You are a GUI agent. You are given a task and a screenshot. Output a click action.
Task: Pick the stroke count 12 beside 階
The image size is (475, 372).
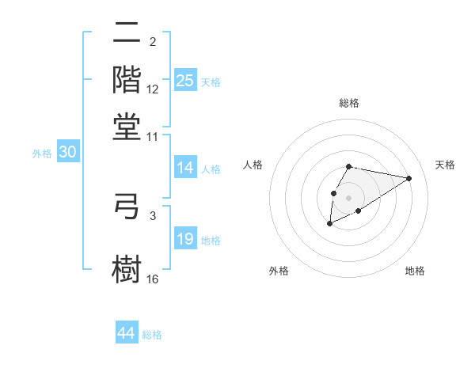coord(153,90)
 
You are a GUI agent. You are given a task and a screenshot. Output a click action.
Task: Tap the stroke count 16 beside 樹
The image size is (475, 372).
coord(153,279)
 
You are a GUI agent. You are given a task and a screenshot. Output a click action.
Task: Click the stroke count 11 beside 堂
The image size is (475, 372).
coord(153,136)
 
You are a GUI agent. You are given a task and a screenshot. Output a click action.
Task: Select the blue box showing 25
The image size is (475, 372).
coord(185,80)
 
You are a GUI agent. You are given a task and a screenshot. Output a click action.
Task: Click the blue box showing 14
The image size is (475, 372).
coord(185,168)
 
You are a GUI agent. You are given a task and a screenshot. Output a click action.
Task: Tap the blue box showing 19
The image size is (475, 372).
coord(185,239)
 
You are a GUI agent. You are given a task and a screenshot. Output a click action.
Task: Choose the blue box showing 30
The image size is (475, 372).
coord(67,153)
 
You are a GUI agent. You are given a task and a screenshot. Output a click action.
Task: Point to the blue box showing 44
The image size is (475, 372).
coord(127,333)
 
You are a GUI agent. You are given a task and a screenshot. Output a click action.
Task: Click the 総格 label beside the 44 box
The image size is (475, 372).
coord(152,335)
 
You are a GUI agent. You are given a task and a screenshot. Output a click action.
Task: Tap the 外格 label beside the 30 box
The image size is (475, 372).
coord(42,154)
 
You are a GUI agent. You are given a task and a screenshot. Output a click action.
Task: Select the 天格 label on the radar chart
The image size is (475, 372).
coord(445,165)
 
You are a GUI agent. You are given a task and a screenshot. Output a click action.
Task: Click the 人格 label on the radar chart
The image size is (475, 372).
coord(253,165)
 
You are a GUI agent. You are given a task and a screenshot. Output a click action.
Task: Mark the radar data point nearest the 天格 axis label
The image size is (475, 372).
coord(409,178)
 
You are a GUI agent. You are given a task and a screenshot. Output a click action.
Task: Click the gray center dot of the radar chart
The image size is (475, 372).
coord(348,196)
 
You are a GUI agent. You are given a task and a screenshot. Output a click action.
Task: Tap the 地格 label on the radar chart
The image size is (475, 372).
coord(415,271)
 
